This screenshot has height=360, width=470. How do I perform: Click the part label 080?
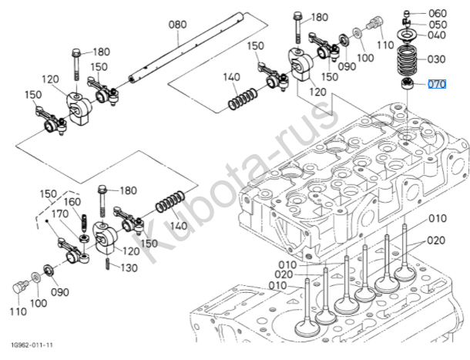pos(178,25)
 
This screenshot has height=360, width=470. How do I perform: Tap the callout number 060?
pos(437,13)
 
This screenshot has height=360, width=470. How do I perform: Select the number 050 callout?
pos(437,25)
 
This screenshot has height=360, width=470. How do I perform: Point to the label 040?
pos(437,35)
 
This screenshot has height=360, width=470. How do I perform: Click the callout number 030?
pos(437,59)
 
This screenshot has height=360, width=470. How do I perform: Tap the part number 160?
pos(71,203)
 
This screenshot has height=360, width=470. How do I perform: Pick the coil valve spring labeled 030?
pos(406,60)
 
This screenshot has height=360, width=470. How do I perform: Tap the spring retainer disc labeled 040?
pos(406,35)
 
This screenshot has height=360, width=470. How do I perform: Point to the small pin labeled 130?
pos(107,266)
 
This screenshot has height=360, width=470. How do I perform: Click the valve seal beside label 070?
pos(407,82)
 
